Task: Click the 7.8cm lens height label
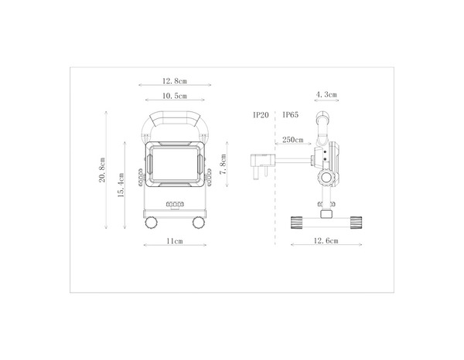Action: tap(223, 165)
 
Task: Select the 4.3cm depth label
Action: tap(326, 95)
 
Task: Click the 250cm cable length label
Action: tap(292, 140)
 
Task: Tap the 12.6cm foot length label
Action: tap(326, 242)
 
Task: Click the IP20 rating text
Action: tap(261, 114)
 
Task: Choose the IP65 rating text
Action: tap(291, 114)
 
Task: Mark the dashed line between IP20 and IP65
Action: tap(275, 170)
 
